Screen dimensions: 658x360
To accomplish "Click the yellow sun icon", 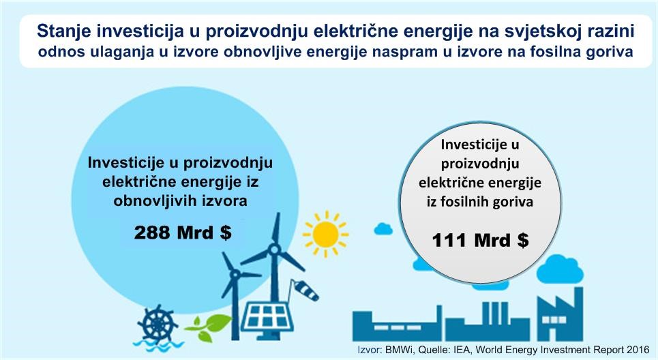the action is (325, 234).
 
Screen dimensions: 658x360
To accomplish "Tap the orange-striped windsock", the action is (305, 290).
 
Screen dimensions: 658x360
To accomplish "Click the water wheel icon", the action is (157, 323).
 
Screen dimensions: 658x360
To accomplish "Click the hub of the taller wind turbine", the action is (274, 250).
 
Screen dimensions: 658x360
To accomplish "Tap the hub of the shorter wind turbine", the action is (235, 275).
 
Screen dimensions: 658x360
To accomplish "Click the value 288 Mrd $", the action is (183, 232).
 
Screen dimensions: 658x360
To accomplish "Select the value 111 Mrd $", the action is (480, 240).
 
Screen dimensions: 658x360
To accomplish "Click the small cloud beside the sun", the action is (383, 229).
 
